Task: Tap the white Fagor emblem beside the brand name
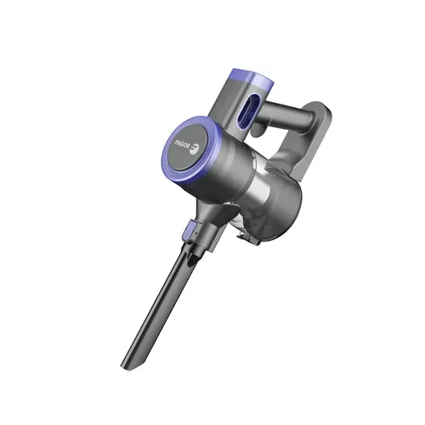[x=195, y=149]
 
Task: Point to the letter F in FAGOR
[x=176, y=141]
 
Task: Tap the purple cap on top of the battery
[x=252, y=77]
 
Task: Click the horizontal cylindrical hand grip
[x=286, y=116]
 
